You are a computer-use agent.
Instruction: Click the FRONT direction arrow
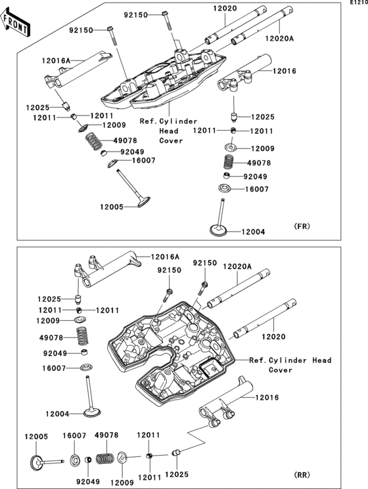click(16, 22)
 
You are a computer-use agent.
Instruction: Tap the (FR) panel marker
click(302, 226)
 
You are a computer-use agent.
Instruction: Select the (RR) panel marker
click(302, 475)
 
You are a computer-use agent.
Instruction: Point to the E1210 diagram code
click(359, 3)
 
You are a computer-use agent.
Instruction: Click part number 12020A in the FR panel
click(280, 39)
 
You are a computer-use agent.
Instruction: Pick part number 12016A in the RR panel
click(165, 257)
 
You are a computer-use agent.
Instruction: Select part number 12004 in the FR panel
click(253, 232)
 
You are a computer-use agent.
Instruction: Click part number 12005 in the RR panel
click(36, 436)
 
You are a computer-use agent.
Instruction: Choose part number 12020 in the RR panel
click(273, 337)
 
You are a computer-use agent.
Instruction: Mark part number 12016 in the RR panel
click(267, 397)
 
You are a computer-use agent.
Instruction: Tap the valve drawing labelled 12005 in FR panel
click(133, 188)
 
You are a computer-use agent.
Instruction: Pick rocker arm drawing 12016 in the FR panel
click(244, 74)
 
